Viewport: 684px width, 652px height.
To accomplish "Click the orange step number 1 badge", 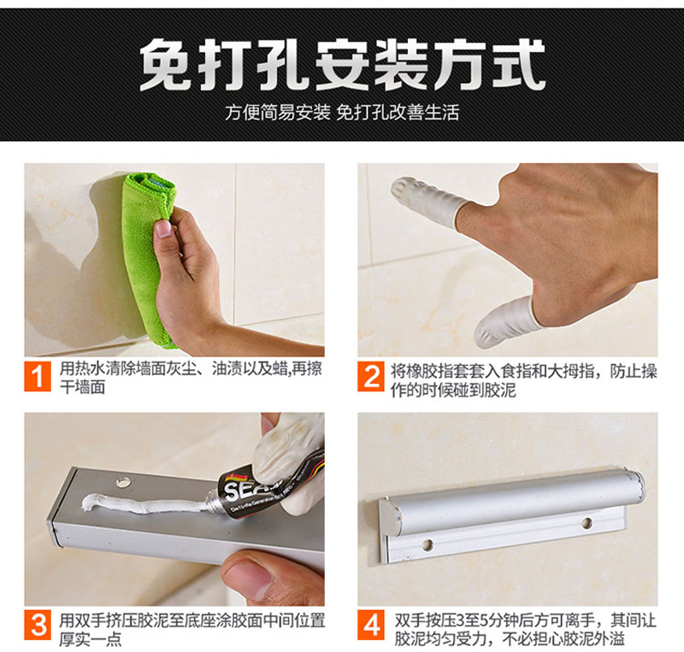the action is click(x=38, y=376).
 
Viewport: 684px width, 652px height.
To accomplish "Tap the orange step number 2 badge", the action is click(x=371, y=376).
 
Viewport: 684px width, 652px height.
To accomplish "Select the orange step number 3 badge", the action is click(x=38, y=625).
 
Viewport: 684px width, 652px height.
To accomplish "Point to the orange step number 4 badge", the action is click(x=371, y=625).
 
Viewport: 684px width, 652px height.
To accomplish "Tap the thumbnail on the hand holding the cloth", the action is click(x=163, y=228).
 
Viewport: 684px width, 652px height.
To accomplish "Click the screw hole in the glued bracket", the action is click(x=123, y=481).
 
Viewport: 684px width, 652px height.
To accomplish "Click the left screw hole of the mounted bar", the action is click(x=428, y=544).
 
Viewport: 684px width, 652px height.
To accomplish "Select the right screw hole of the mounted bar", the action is click(x=587, y=521).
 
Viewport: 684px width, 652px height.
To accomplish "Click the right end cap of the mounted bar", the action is click(x=637, y=485).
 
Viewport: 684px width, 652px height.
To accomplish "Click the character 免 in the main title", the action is click(x=167, y=65).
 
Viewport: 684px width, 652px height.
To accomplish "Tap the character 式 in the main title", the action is click(x=519, y=65).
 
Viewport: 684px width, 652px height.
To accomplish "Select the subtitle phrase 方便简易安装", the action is click(x=278, y=113).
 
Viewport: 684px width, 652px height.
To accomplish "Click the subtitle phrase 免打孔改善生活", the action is click(x=398, y=113).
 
